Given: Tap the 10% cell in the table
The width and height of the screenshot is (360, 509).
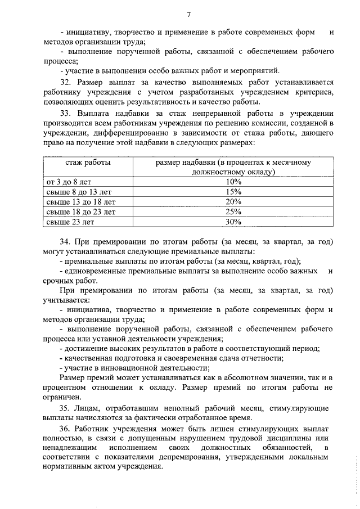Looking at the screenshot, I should pos(233,182).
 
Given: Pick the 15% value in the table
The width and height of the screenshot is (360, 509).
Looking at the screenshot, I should pos(233,192).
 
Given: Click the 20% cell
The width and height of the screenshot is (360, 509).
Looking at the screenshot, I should pos(233,202).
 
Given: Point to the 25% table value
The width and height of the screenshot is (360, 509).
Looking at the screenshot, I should pos(233,212).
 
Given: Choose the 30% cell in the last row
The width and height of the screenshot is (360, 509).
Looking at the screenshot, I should pos(233,222).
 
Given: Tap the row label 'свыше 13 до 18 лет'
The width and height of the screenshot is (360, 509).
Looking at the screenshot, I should pos(80,202).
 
